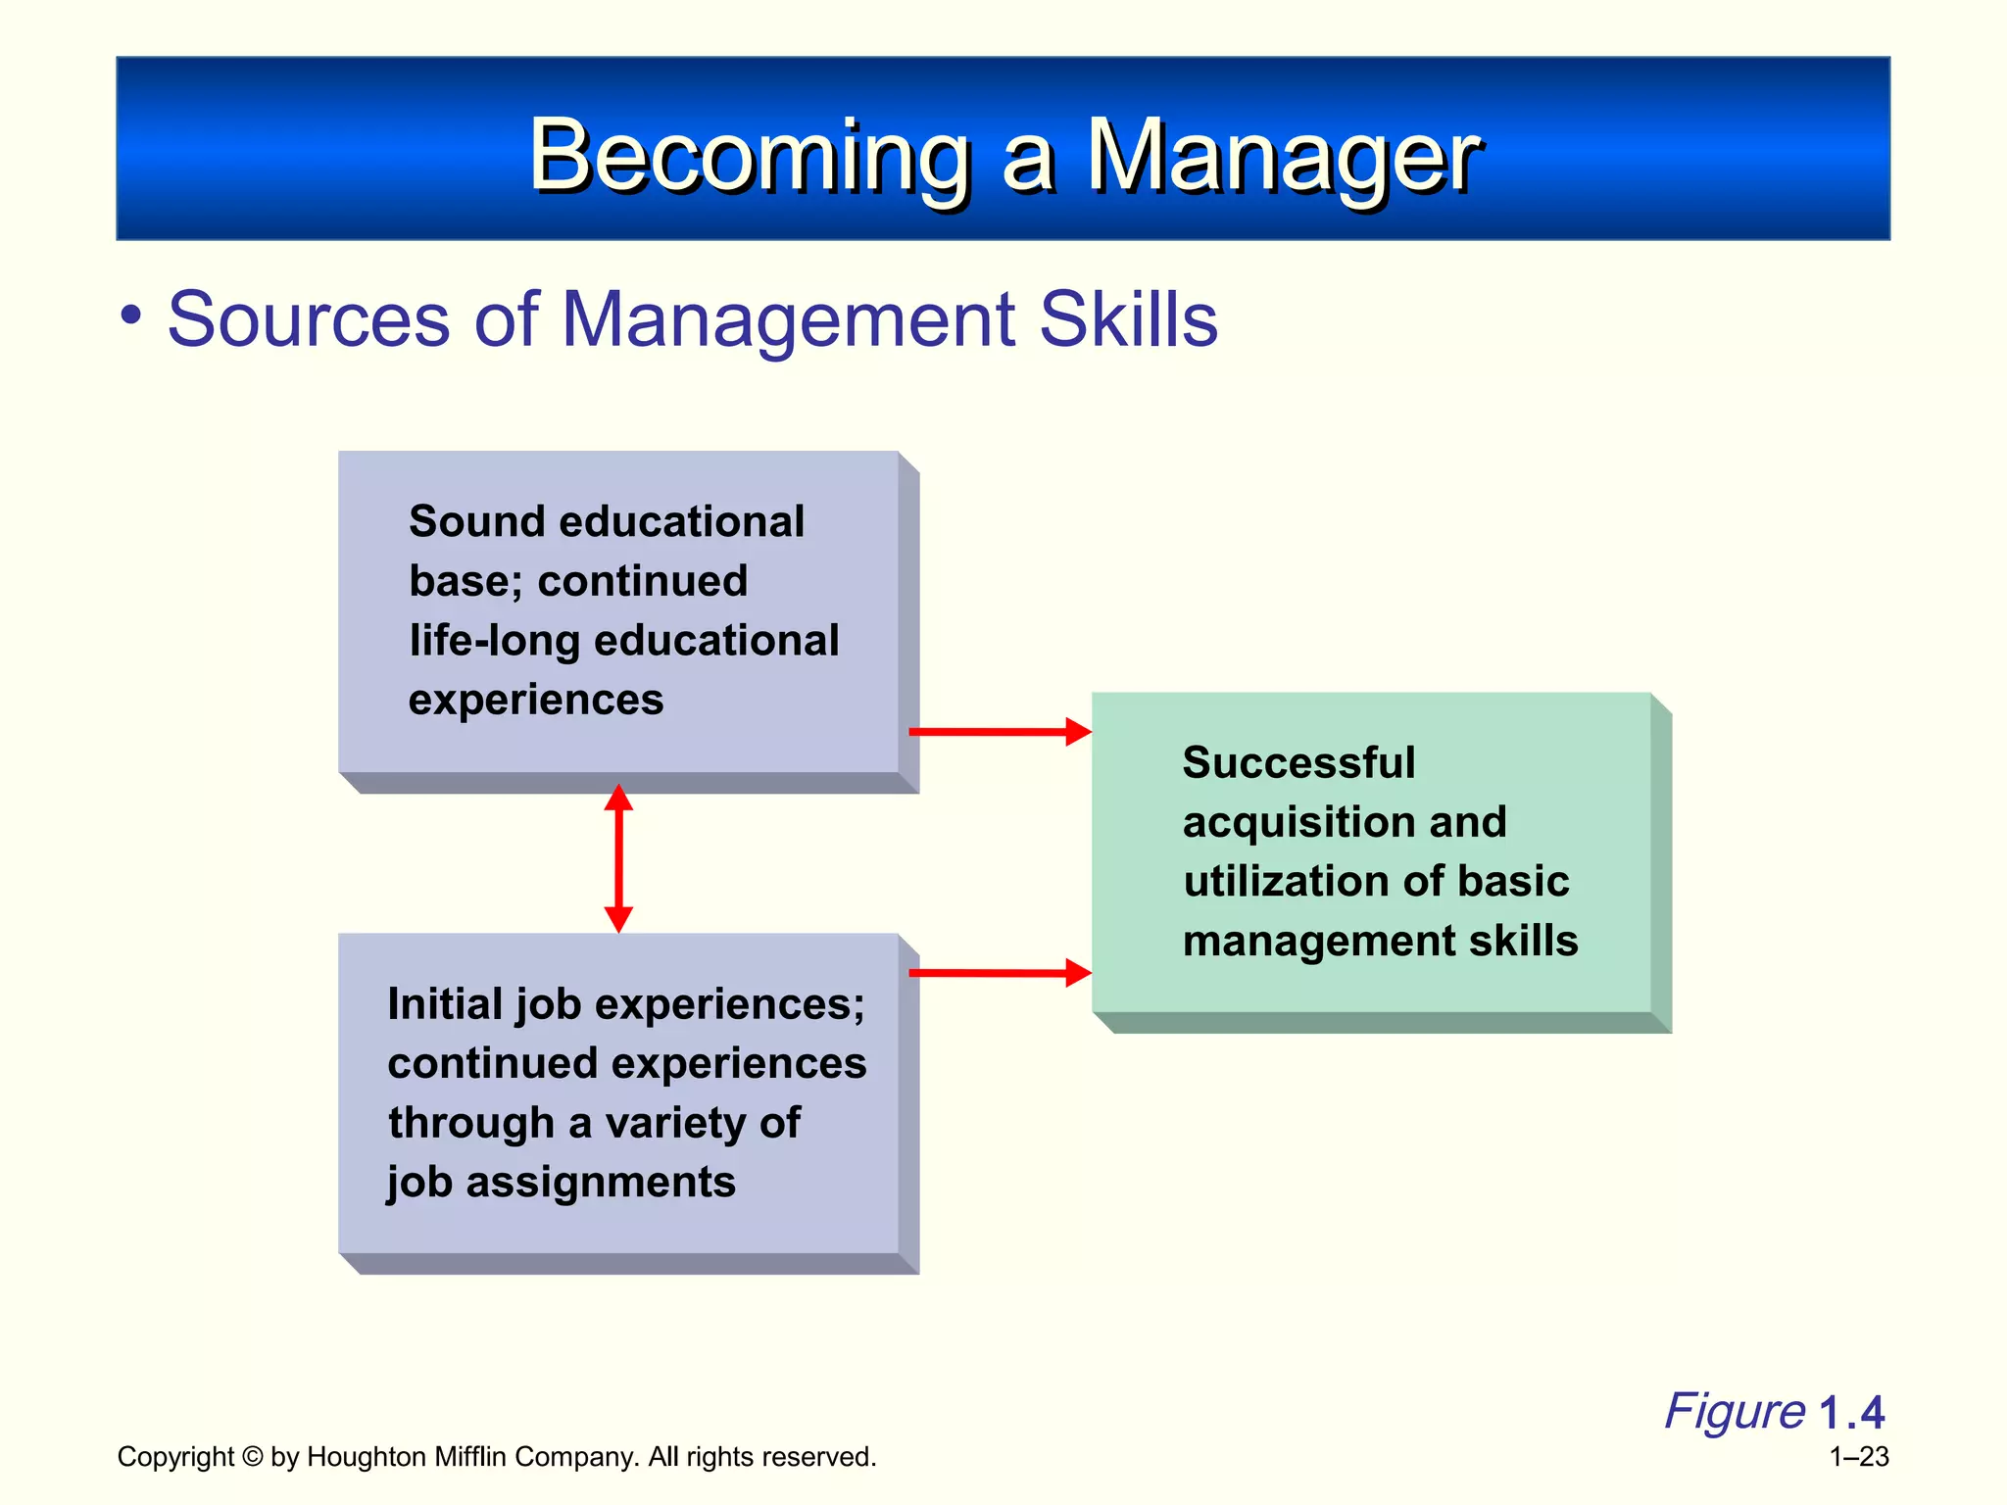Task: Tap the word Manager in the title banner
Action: pyautogui.click(x=1284, y=157)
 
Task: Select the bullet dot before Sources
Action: pyautogui.click(x=131, y=316)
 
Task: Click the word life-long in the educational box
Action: pyautogui.click(x=495, y=641)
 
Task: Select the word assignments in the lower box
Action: pyautogui.click(x=600, y=1183)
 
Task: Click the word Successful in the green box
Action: pyautogui.click(x=1298, y=762)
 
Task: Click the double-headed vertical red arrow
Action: pyautogui.click(x=618, y=858)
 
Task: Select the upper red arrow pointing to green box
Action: pyautogui.click(x=1000, y=731)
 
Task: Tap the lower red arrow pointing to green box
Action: pyautogui.click(x=1000, y=972)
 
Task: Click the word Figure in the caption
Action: pyautogui.click(x=1734, y=1412)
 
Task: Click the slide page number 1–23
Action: pyautogui.click(x=1859, y=1457)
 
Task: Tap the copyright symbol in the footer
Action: pyautogui.click(x=253, y=1457)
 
